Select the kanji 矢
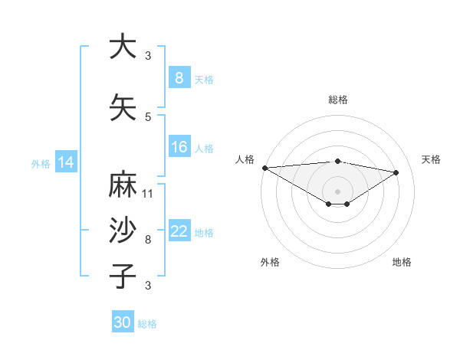pos(122,108)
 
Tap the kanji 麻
pos(122,186)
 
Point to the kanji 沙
pos(122,231)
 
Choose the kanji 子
pos(122,276)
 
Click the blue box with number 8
pos(179,78)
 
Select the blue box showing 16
pos(179,147)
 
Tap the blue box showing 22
pos(179,231)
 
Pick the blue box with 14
pos(66,162)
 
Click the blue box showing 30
pos(123,322)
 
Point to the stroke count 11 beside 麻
pos(148,194)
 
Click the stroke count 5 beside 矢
pos(148,117)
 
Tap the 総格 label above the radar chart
pos(338,100)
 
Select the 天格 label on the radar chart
pos(432,159)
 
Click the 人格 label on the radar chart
pos(245,159)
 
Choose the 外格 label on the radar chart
pos(270,262)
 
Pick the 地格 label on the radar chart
pos(402,262)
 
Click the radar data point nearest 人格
pos(264,167)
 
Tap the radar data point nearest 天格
pos(396,172)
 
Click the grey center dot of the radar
pos(337,191)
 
